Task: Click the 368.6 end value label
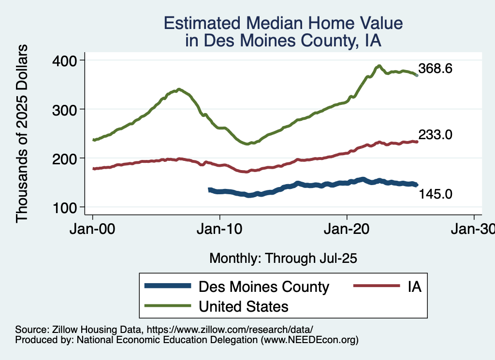[x=435, y=69]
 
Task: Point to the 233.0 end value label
[x=435, y=135]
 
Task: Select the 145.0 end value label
[x=435, y=194]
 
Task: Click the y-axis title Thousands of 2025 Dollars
[x=22, y=133]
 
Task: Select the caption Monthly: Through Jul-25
[x=283, y=259]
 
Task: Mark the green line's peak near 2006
[x=179, y=89]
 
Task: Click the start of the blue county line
[x=209, y=190]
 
